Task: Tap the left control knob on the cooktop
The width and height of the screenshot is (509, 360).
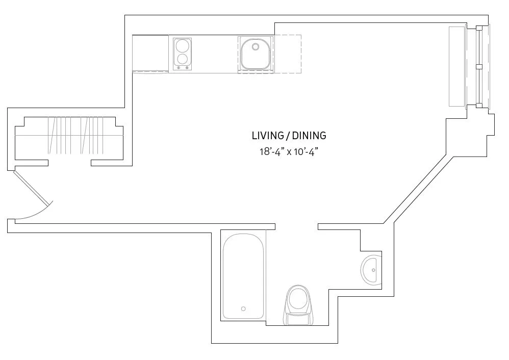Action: tap(179, 68)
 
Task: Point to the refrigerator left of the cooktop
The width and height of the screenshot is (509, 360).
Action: tap(150, 53)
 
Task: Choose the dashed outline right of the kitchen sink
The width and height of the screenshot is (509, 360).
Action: tap(288, 54)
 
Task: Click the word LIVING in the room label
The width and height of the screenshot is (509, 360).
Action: tap(267, 136)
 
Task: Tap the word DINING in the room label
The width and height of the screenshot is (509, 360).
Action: tap(309, 136)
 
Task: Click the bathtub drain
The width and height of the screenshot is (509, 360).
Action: tap(243, 308)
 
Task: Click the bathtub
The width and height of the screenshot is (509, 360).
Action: tap(243, 275)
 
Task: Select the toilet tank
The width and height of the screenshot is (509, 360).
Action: tap(298, 320)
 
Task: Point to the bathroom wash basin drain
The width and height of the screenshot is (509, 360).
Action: tap(374, 270)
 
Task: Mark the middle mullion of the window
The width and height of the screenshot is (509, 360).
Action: tap(478, 66)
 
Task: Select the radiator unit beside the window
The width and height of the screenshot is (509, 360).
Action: tap(457, 66)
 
